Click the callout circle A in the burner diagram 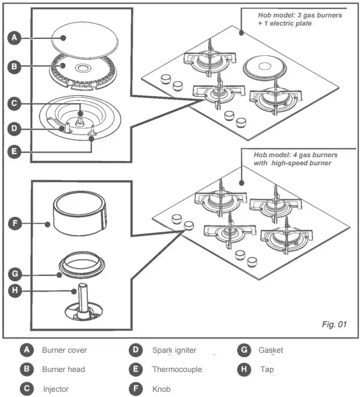[x=16, y=38]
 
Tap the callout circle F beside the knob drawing [x=16, y=222]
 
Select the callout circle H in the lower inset [x=16, y=290]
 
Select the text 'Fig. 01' [x=334, y=324]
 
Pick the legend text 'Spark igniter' [x=174, y=350]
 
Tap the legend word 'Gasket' [x=271, y=350]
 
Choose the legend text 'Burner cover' [x=64, y=350]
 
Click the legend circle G [x=244, y=350]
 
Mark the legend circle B [x=26, y=369]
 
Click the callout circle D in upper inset [x=16, y=128]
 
